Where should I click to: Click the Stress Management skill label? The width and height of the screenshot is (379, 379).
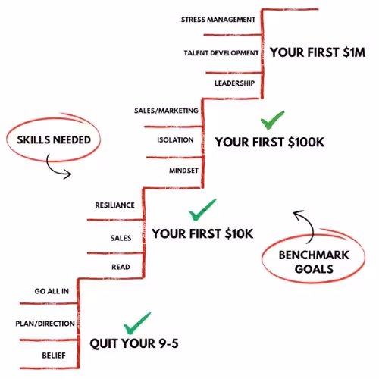coord(218,20)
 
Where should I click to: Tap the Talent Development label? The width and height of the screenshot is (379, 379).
coord(221,53)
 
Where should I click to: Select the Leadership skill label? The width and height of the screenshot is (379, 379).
coord(234,83)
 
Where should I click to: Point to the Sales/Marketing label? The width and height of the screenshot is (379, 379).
coord(166,111)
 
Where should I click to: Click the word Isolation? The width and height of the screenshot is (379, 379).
coord(175,139)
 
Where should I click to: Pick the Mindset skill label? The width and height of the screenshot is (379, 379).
coord(183,171)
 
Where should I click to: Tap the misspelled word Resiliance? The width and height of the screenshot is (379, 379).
coord(114,205)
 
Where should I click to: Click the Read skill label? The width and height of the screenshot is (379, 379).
coord(121,267)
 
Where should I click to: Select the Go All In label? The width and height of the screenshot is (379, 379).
coord(52,291)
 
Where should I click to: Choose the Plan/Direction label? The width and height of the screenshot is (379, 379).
coord(45,324)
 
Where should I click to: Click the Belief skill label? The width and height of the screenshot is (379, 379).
coord(54,356)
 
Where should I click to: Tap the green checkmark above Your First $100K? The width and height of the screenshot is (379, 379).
coord(272,120)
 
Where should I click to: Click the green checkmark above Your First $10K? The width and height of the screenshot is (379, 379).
coord(202,210)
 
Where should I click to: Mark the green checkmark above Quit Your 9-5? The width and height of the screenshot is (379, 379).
coord(137,323)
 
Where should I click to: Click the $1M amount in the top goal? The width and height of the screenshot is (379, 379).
coord(354,52)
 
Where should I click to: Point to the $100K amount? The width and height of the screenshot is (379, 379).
coord(306,142)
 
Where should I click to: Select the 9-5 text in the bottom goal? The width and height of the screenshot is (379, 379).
coord(168,343)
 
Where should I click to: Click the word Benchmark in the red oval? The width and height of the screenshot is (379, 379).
coord(314,255)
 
